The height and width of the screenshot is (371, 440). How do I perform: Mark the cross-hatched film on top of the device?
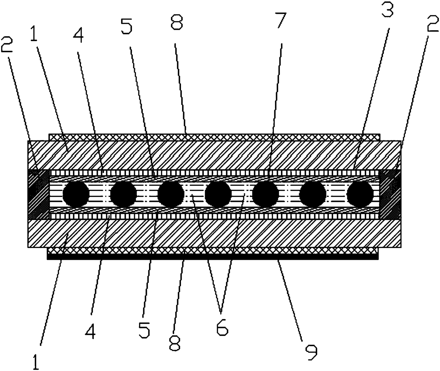213,137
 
